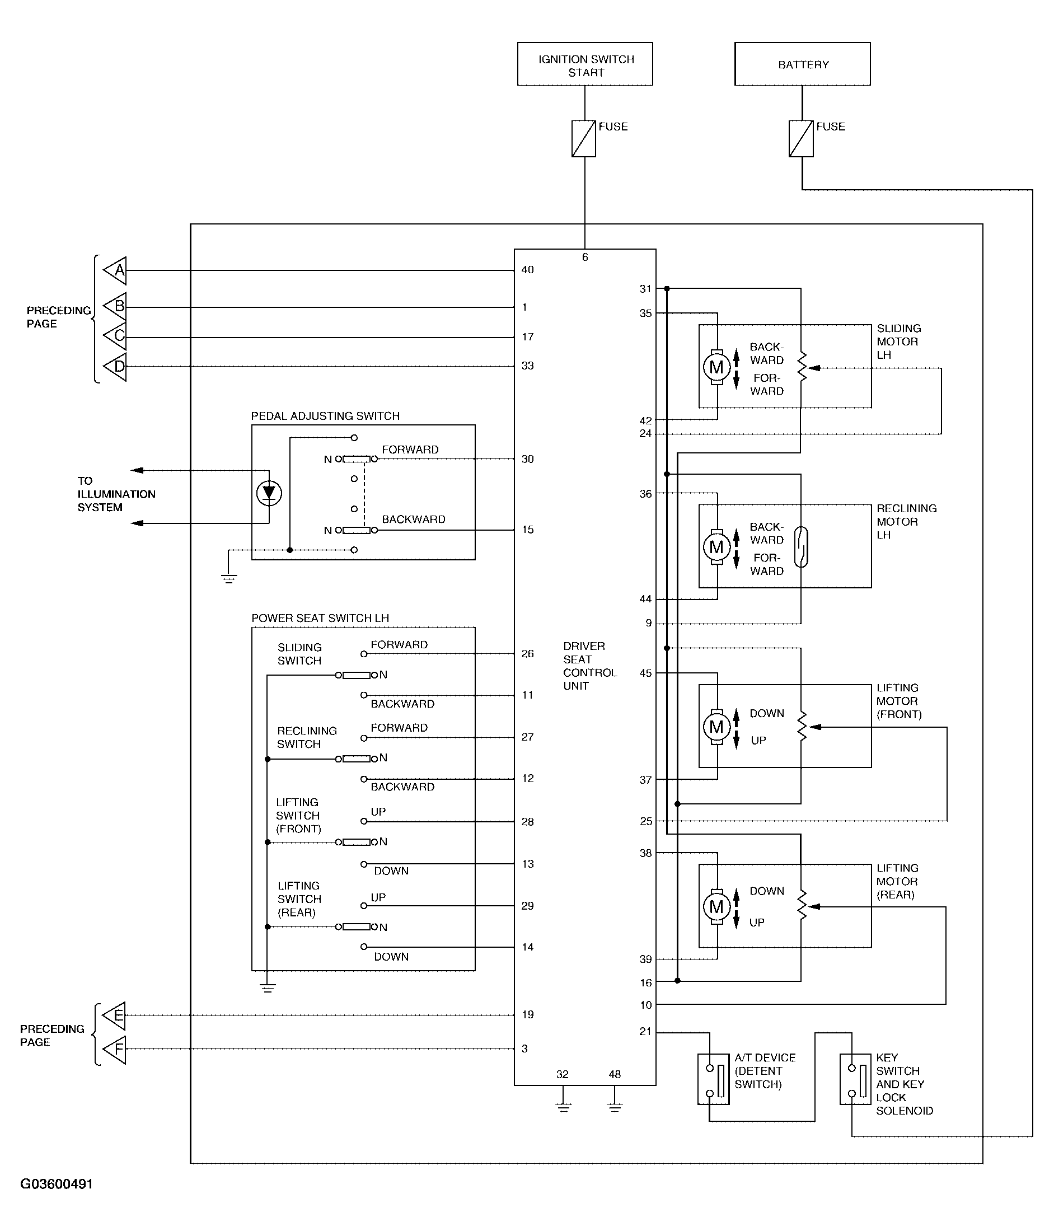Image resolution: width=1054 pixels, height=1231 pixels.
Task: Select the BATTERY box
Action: click(x=802, y=64)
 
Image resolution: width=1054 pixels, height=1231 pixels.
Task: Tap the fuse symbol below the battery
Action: click(x=800, y=138)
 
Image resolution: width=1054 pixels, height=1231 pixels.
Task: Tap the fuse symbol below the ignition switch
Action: click(x=583, y=138)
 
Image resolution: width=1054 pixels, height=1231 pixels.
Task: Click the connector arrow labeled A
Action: click(x=115, y=271)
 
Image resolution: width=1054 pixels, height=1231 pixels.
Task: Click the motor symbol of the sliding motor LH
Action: click(x=716, y=367)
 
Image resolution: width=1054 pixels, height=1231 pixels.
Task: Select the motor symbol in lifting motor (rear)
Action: click(x=716, y=907)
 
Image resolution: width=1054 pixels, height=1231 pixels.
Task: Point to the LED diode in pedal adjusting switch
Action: click(x=269, y=493)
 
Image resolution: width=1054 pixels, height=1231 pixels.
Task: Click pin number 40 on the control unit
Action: click(x=528, y=270)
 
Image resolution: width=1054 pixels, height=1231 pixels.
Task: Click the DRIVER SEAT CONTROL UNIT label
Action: click(x=589, y=666)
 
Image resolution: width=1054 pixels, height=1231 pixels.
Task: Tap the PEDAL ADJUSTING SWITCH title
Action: click(x=325, y=416)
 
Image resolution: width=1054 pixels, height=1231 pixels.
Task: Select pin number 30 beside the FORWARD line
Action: click(x=528, y=458)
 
